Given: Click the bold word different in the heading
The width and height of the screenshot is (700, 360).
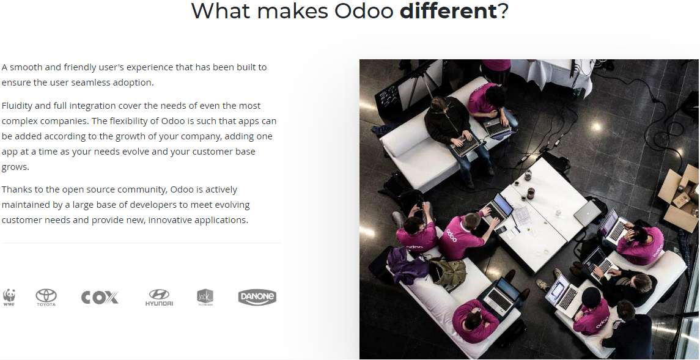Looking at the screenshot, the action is pos(448,11).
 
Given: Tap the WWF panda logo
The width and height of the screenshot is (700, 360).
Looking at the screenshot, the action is pos(9,298).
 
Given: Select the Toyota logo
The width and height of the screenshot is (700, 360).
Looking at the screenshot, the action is pos(46,298).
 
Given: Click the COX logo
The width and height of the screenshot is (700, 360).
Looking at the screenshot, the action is pos(100,298).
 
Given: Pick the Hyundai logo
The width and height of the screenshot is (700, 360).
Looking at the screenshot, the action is pos(159,298).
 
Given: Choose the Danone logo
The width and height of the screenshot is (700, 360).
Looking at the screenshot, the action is pos(257,298).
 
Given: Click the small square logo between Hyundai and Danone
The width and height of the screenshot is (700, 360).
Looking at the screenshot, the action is pos(205,298).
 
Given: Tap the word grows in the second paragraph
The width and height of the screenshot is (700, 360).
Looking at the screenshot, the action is pos(15,167).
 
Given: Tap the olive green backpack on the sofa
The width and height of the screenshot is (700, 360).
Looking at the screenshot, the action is pos(449,271).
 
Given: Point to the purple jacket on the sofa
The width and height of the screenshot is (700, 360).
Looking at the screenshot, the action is pos(408,266).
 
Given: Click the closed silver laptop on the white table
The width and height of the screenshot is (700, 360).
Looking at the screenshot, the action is pos(587,213).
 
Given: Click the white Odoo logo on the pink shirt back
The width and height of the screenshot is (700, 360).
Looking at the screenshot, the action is pos(451,235).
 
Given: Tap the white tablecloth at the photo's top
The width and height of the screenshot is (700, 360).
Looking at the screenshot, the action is pos(552,74).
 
